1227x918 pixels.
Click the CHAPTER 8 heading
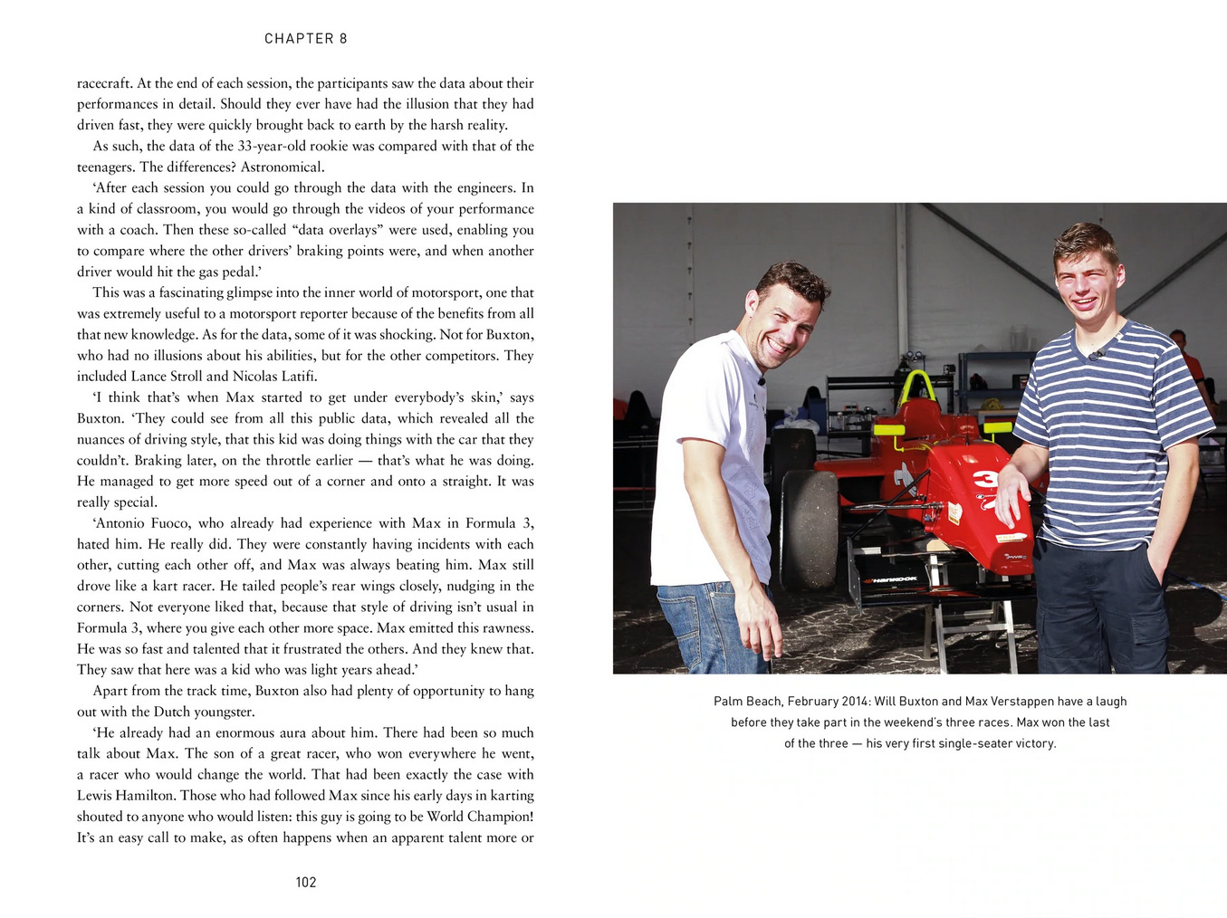tap(305, 38)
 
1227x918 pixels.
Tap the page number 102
tap(306, 882)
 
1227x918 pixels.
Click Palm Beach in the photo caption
tap(748, 701)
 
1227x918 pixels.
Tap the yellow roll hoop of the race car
tap(918, 387)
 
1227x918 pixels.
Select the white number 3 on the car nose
tap(983, 481)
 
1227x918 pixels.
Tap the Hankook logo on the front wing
tap(893, 579)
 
